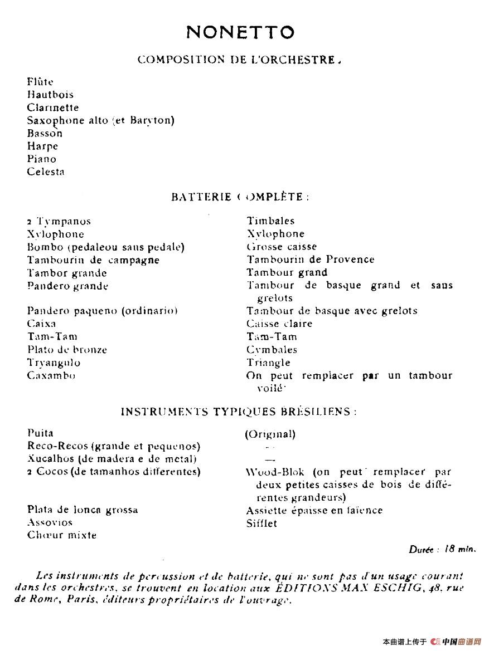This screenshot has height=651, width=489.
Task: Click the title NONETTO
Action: click(240, 32)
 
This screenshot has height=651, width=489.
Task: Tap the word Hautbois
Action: click(50, 95)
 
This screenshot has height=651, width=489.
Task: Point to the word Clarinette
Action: click(53, 107)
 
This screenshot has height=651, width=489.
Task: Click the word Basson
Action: click(45, 134)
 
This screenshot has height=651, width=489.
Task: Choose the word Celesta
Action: click(46, 172)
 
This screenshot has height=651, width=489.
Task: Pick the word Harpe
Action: click(42, 146)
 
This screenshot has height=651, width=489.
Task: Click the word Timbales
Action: click(270, 221)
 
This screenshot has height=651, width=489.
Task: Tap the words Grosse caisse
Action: click(282, 247)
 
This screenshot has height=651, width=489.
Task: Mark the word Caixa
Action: click(42, 324)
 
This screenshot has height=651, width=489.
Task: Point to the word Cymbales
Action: click(272, 350)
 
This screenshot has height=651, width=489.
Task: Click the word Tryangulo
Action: click(54, 363)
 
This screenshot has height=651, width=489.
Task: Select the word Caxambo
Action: click(51, 375)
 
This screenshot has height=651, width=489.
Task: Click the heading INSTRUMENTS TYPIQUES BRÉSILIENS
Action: click(239, 412)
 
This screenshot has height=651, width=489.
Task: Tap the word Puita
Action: click(40, 433)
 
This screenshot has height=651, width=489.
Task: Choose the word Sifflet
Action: click(262, 523)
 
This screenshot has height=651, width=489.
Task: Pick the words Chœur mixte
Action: click(62, 535)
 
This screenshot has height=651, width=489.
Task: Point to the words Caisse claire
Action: click(279, 324)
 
